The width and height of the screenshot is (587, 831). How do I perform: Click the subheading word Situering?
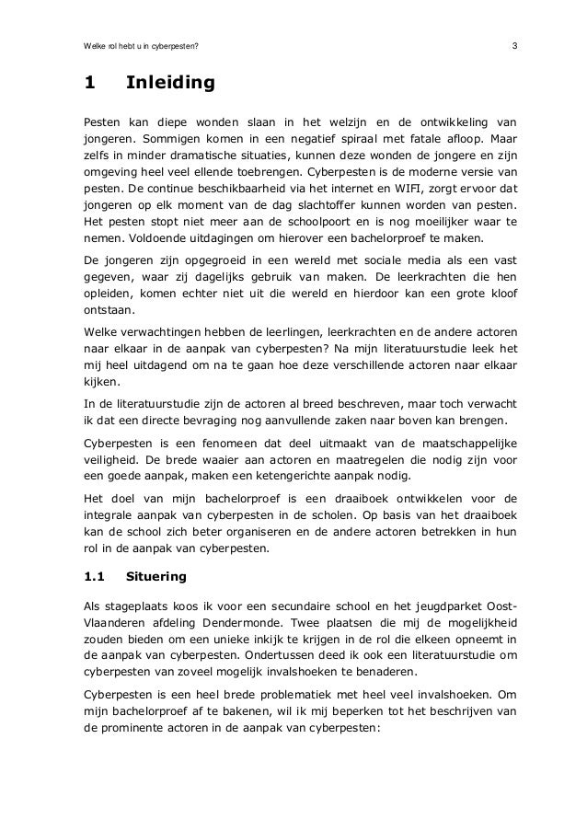click(x=156, y=577)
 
